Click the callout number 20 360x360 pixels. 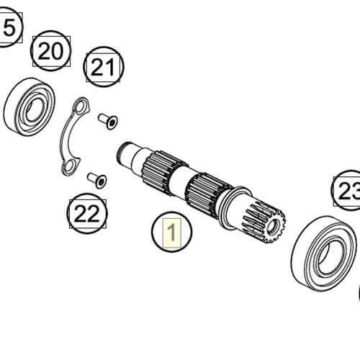[x=50, y=51]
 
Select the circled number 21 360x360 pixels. [x=104, y=68]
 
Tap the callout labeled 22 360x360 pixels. [x=87, y=213]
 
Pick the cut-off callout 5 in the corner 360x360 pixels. [x=9, y=28]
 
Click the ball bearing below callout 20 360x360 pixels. [x=29, y=109]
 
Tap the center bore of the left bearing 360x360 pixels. [x=32, y=112]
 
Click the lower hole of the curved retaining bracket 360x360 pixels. [x=68, y=169]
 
